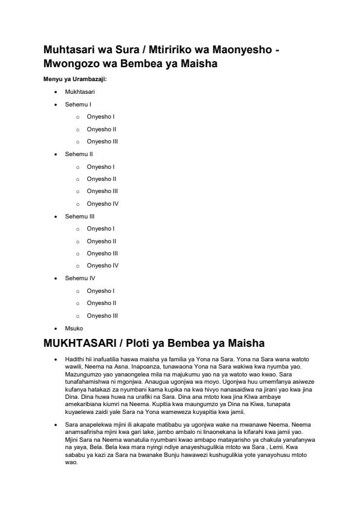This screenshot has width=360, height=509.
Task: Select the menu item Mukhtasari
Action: [80, 91]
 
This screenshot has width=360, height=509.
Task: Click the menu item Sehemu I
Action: [78, 104]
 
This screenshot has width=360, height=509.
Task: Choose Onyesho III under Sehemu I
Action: [102, 142]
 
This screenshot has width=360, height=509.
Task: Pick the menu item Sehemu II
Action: [79, 154]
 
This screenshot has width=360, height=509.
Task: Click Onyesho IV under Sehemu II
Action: [102, 203]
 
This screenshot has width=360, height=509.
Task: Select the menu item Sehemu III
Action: [79, 216]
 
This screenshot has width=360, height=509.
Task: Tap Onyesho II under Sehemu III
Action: [101, 241]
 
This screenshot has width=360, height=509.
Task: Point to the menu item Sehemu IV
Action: [80, 278]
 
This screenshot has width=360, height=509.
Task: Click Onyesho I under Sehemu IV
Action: [100, 291]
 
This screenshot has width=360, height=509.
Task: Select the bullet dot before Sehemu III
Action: [56, 216]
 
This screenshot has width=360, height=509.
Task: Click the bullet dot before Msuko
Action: [56, 327]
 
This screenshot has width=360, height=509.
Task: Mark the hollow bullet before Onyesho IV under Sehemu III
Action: [78, 266]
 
